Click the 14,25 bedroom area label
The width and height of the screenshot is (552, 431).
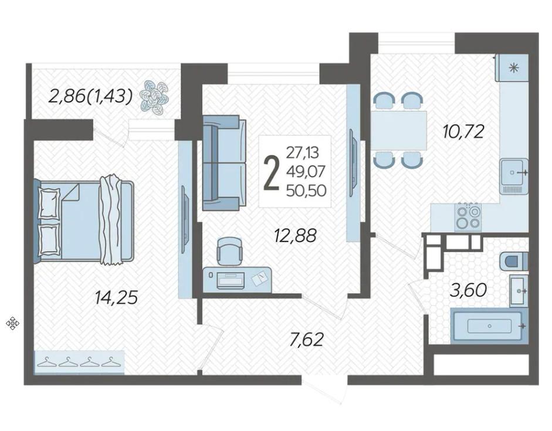pos(116,298)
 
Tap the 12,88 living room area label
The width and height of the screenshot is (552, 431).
pos(296,235)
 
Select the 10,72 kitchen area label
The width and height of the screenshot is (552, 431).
pos(463,131)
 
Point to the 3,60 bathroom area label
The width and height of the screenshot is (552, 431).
pos(469,290)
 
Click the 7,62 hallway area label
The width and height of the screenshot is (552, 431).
pos(306,340)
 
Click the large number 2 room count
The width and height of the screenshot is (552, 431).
pos(272,174)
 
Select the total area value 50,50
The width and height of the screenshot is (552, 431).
pos(306,191)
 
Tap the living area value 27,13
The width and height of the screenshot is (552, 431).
pos(303,152)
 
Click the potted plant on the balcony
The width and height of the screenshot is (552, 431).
pos(154,96)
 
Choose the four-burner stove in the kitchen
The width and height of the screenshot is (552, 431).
pos(468,217)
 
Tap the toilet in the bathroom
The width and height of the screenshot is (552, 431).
pos(514,261)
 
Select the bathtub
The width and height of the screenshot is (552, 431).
pos(490,325)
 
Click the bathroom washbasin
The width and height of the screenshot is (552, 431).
pos(519,291)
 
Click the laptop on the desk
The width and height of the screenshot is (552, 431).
pos(230,280)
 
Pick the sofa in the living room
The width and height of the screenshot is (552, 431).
pos(224,163)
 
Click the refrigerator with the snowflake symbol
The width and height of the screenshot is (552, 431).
pos(512,68)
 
